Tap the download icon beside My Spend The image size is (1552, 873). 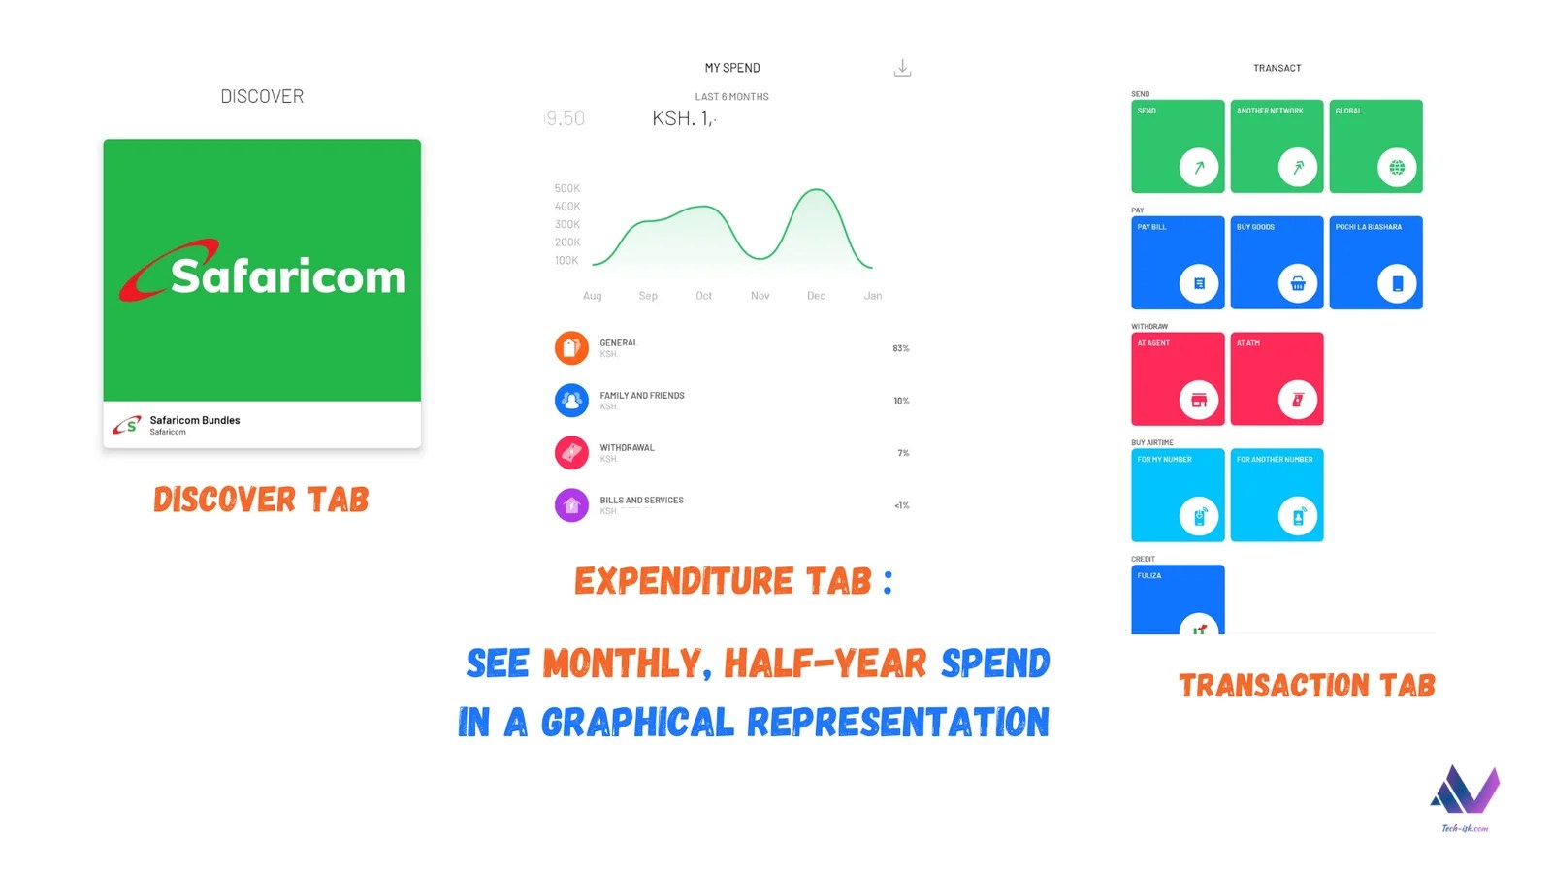pos(902,68)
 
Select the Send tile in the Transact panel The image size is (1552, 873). pos(1178,145)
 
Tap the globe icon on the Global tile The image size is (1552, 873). pos(1397,167)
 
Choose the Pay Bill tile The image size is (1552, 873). pos(1178,262)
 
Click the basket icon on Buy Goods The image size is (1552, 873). pos(1298,283)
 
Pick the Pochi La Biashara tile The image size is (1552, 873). pos(1375,262)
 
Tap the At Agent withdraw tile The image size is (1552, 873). pos(1178,378)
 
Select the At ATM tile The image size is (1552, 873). pos(1277,378)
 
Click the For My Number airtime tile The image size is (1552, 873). pos(1178,495)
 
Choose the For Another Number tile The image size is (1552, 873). pos(1277,495)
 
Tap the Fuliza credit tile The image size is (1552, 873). pos(1178,599)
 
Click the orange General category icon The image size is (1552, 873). pos(571,347)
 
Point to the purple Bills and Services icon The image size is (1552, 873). pos(571,504)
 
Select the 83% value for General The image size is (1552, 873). pos(901,348)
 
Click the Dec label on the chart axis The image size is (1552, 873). pos(816,296)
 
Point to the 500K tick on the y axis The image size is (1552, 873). pos(567,188)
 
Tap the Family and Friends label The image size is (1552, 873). pos(642,396)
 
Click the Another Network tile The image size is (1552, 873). pos(1277,145)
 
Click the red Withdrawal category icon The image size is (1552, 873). pos(571,452)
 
